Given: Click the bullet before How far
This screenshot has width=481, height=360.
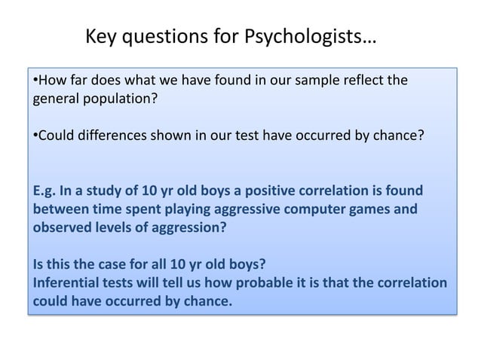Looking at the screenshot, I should (34, 80).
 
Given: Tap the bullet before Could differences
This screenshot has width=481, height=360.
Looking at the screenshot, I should (34, 138).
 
